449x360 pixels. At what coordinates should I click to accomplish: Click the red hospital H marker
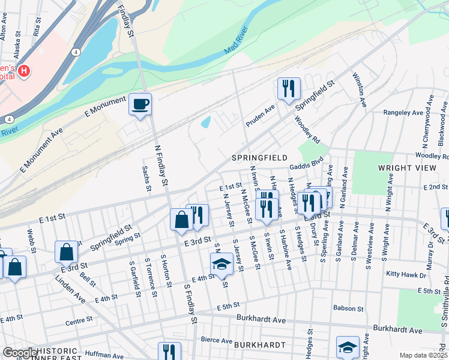click(24, 71)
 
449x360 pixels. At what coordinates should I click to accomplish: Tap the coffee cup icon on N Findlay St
click(140, 104)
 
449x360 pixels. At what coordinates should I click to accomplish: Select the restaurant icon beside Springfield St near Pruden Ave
click(288, 88)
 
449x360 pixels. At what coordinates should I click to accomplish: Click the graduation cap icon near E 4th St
click(221, 264)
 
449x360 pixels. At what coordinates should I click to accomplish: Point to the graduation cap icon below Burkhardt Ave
click(347, 347)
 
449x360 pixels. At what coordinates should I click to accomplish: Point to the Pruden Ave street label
click(259, 116)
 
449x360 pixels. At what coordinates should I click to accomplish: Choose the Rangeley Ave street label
click(403, 112)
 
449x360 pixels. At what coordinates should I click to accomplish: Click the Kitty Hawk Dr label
click(406, 275)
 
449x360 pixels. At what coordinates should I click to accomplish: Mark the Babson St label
click(346, 308)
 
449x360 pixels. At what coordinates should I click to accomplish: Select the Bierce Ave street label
click(216, 340)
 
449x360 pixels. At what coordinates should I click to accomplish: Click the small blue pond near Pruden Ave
click(206, 122)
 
